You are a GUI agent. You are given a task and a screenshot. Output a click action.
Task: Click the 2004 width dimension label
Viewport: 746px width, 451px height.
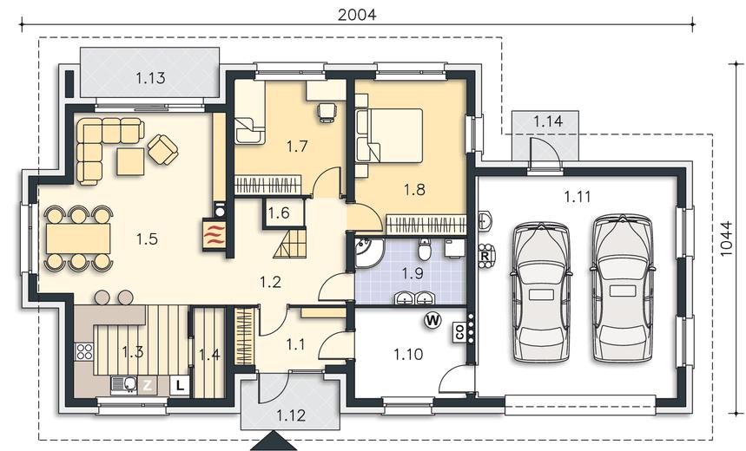[357, 15]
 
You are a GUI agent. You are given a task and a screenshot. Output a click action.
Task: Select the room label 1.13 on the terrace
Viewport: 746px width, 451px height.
[150, 78]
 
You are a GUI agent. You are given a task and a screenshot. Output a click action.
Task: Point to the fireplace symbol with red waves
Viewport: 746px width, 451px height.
[214, 234]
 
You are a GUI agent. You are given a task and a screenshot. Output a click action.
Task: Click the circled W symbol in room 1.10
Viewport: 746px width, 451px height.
[432, 321]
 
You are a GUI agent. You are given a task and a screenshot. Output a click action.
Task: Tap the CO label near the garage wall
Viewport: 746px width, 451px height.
[459, 331]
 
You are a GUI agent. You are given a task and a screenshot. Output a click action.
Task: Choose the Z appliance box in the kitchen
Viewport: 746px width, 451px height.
[147, 385]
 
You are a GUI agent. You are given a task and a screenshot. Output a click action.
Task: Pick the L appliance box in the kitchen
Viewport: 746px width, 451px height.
[180, 385]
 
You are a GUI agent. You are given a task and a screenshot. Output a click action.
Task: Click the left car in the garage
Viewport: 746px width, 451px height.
[541, 293]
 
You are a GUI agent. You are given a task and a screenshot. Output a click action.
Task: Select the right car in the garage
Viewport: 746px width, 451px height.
[621, 289]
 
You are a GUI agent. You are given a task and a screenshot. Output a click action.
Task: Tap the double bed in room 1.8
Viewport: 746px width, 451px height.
[389, 135]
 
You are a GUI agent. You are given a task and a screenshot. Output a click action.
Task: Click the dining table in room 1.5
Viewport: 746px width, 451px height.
[78, 239]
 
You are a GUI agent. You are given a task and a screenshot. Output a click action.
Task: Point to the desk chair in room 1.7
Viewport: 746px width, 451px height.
[327, 113]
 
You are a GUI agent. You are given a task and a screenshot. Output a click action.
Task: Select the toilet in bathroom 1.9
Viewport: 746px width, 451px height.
[425, 250]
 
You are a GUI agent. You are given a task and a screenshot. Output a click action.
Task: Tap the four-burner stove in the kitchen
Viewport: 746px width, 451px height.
[84, 351]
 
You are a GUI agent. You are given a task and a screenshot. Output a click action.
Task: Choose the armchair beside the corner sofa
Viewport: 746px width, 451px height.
[162, 149]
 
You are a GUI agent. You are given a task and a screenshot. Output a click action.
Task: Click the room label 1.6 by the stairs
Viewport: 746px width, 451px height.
[278, 212]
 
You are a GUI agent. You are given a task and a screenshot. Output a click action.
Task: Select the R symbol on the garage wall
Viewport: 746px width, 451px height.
[485, 256]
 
